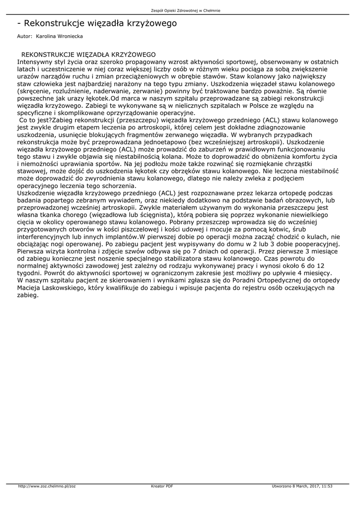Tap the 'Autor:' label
[x=24, y=36]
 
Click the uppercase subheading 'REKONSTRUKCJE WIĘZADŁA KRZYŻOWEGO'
[x=88, y=55]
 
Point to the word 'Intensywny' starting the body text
[x=36, y=62]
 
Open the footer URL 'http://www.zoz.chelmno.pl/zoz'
[x=47, y=486]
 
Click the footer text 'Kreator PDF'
[x=162, y=486]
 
